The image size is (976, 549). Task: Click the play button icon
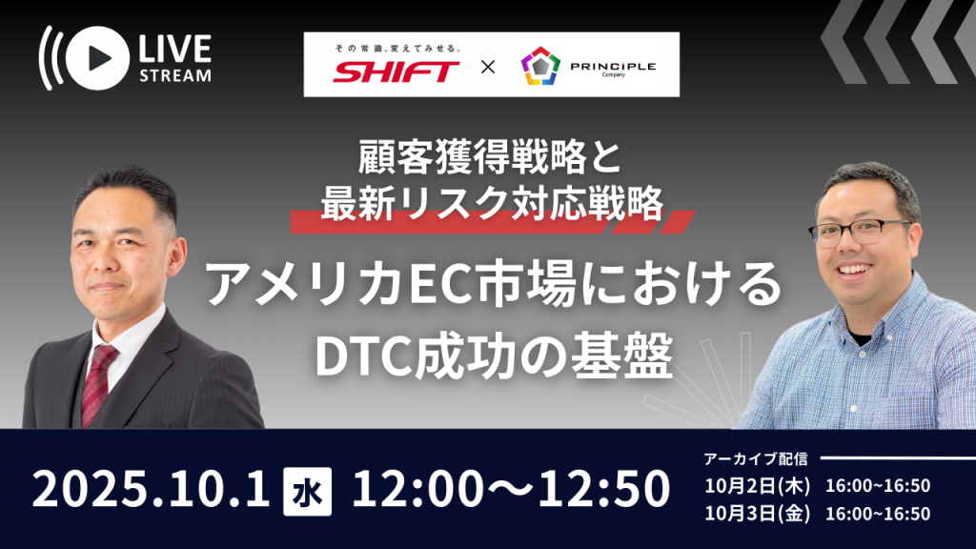click(97, 58)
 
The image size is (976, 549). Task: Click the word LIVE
click(175, 49)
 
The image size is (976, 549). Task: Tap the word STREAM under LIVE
click(175, 75)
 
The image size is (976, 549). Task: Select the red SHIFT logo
click(396, 71)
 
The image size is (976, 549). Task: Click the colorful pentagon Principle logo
click(540, 66)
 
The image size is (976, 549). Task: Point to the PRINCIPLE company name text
click(613, 66)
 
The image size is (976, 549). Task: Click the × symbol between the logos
click(488, 67)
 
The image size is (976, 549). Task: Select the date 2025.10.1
click(152, 489)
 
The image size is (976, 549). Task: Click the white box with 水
click(308, 492)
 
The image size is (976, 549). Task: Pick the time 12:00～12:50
click(511, 489)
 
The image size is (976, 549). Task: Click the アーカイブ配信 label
click(756, 458)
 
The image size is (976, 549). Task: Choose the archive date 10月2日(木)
click(758, 485)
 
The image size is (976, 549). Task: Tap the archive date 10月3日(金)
click(758, 514)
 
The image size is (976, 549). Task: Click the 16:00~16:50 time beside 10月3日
click(878, 514)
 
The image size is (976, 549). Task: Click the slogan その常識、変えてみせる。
click(397, 48)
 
